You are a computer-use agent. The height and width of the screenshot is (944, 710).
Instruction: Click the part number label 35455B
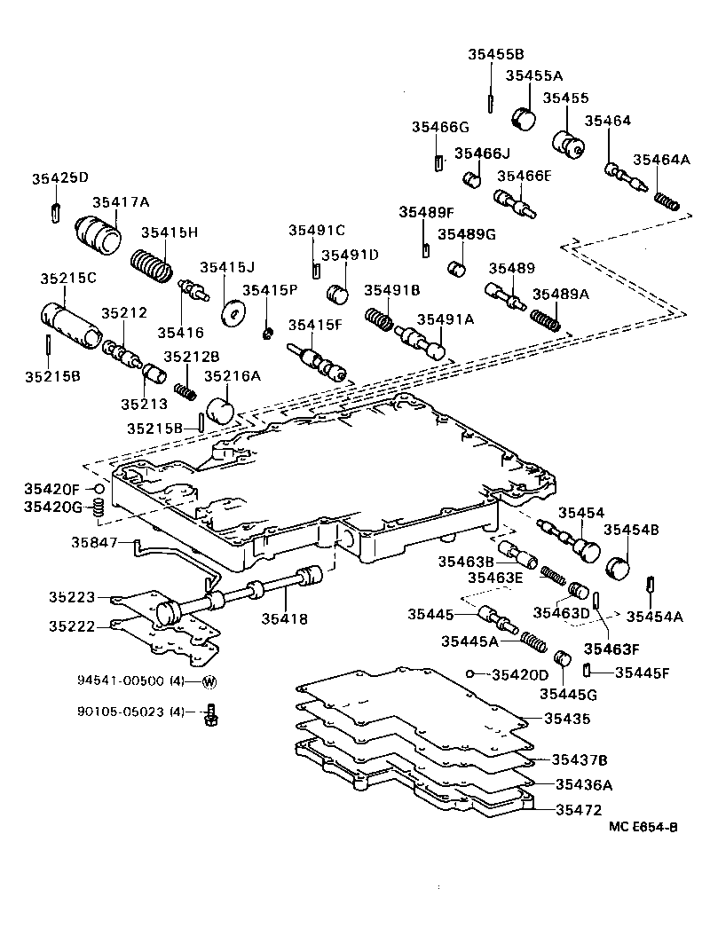pyautogui.click(x=496, y=54)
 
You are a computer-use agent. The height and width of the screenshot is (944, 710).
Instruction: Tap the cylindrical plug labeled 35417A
pyautogui.click(x=99, y=234)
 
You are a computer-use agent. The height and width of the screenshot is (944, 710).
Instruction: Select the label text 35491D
pyautogui.click(x=350, y=255)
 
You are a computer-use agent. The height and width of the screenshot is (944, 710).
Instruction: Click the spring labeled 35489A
pyautogui.click(x=546, y=319)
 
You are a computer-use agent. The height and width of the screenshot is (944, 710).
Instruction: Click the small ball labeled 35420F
pyautogui.click(x=100, y=489)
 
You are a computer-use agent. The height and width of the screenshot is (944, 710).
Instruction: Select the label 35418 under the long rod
pyautogui.click(x=284, y=618)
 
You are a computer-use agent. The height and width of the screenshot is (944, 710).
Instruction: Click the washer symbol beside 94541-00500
pyautogui.click(x=209, y=681)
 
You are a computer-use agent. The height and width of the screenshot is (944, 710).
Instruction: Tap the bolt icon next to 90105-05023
pyautogui.click(x=211, y=712)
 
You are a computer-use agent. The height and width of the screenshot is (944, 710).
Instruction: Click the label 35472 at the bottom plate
pyautogui.click(x=578, y=810)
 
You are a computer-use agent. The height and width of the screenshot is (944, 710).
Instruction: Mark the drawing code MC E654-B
pyautogui.click(x=643, y=827)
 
